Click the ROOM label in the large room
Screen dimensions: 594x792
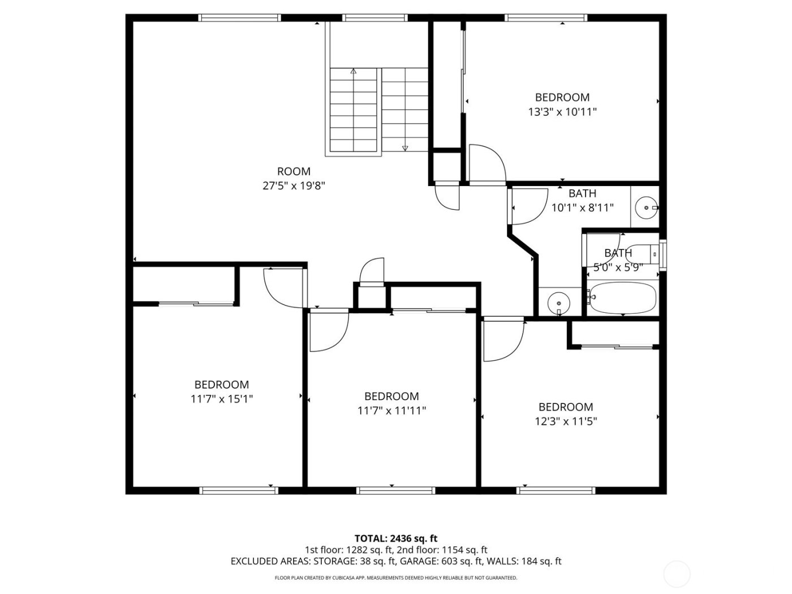click(294, 171)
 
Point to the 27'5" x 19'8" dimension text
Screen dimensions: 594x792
click(294, 186)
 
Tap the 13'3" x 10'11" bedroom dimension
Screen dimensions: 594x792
click(562, 112)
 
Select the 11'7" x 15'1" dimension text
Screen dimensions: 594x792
click(222, 399)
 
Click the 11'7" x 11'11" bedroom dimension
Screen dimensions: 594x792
click(391, 411)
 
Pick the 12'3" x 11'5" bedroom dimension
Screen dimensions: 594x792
click(566, 421)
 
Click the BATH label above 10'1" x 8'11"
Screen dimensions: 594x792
click(582, 193)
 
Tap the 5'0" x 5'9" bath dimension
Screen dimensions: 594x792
click(618, 268)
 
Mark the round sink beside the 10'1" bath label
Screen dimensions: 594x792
click(645, 208)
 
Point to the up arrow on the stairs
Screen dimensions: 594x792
click(354, 72)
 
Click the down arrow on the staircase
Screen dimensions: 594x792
click(405, 148)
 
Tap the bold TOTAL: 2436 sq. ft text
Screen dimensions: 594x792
click(395, 539)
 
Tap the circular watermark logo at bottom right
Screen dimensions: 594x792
click(677, 574)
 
